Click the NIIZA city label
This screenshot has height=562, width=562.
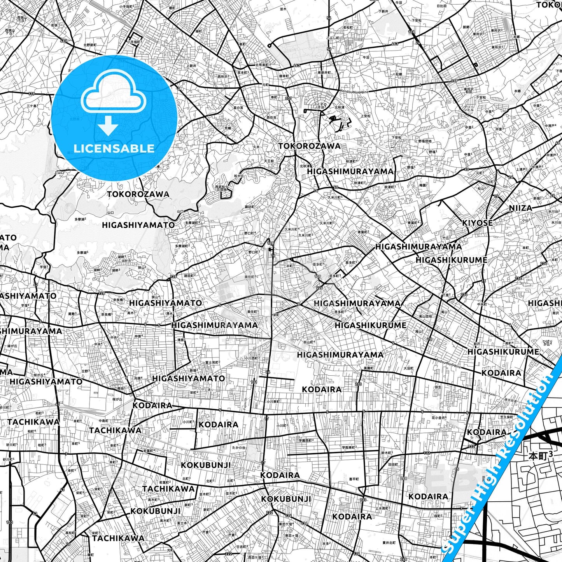click(520, 208)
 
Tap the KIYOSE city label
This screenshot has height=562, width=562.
click(477, 223)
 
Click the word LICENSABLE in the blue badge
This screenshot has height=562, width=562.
click(114, 148)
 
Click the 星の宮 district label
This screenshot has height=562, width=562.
click(238, 107)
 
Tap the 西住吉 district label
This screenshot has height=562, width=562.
click(271, 117)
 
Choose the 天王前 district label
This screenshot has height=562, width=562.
click(269, 160)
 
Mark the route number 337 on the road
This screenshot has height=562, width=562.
click(288, 98)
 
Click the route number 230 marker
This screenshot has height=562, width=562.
click(358, 384)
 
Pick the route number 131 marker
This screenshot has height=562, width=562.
click(254, 382)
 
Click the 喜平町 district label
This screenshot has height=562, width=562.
click(354, 479)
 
